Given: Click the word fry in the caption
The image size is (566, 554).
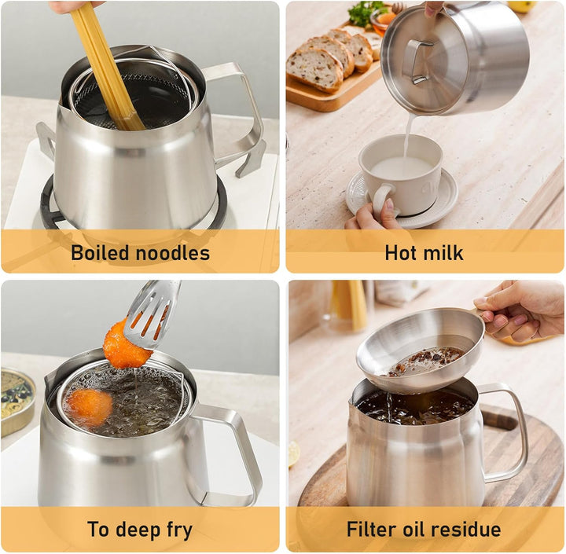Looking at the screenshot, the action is point(179,530).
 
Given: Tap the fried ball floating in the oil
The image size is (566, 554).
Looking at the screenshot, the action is point(89,407).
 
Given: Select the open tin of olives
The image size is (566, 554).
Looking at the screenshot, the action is point(17,401).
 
